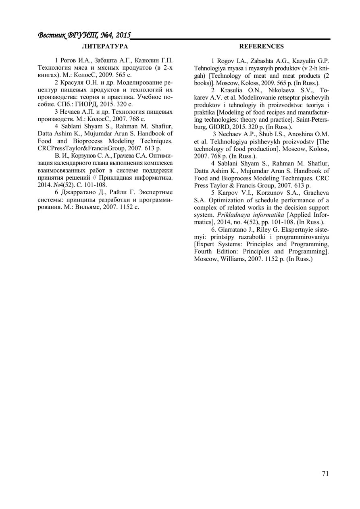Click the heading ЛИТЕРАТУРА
click(105, 47)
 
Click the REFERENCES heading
click(261, 47)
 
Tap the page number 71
click(325, 474)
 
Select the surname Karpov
click(228, 193)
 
